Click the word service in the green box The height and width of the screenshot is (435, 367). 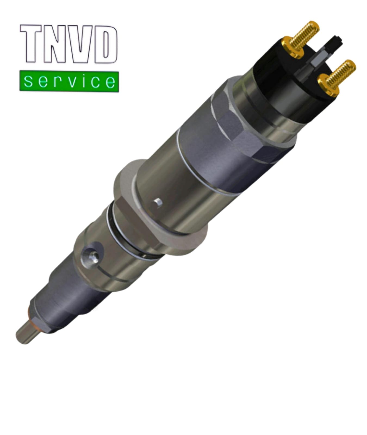pos(69,81)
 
